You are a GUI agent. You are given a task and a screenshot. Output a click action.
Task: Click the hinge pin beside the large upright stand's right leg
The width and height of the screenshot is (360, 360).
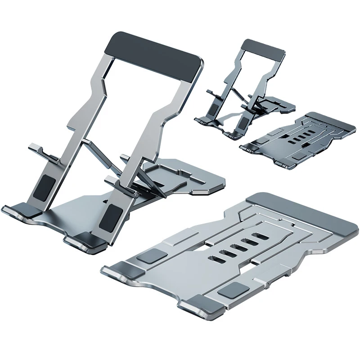click(x=136, y=194)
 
